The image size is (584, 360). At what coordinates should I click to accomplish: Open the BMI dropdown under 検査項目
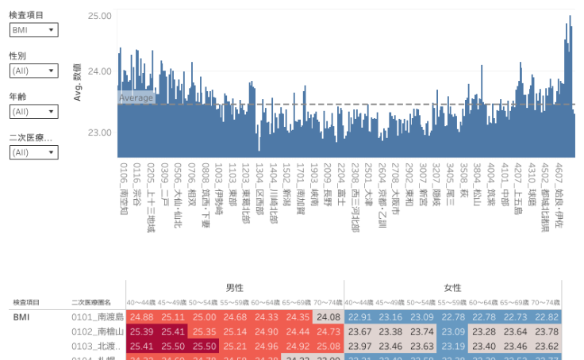33,30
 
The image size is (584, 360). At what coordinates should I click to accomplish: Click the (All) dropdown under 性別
33,71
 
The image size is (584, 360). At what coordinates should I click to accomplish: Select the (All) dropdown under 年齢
33,112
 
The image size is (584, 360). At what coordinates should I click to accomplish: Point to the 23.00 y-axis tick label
99,132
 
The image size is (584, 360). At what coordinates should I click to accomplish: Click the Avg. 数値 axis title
78,82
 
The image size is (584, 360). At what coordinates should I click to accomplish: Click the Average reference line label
136,98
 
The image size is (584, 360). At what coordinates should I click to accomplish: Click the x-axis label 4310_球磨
532,185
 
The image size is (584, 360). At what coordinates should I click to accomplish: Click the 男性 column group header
234,288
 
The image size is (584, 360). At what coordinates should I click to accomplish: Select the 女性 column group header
452,288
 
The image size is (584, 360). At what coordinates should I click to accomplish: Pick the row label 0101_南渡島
98,317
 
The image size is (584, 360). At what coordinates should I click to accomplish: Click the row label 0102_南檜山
98,331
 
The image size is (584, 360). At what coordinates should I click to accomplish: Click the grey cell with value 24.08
328,317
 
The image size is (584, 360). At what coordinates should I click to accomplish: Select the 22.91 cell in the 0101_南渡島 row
359,317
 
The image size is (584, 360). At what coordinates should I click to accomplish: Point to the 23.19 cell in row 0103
453,346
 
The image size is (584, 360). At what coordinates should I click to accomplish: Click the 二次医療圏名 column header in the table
91,303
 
